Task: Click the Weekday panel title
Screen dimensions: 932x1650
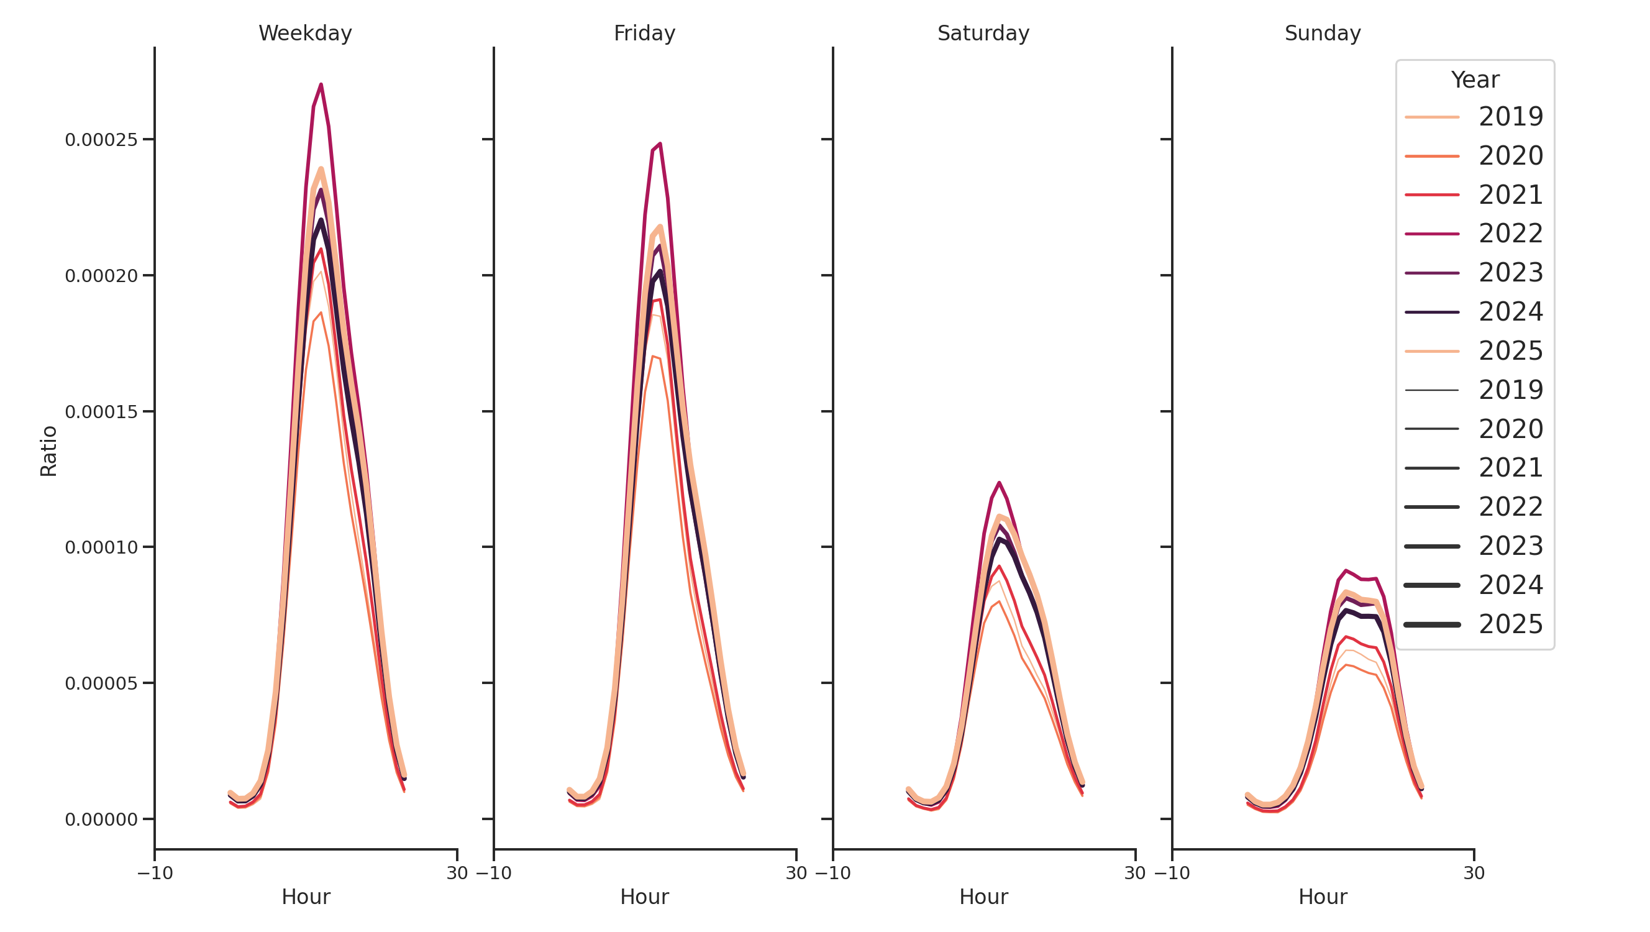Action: point(305,34)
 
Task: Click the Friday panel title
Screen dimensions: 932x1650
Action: point(644,34)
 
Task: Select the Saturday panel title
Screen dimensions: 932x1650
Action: point(983,34)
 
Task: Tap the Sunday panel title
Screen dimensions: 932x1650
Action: point(1323,34)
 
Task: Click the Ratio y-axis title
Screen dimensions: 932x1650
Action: point(48,451)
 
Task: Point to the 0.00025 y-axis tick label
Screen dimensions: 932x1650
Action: point(101,140)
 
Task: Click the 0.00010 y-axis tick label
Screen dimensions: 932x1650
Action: point(101,547)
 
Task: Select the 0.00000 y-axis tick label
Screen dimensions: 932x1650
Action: point(101,820)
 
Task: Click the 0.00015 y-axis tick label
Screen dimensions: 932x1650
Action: point(101,412)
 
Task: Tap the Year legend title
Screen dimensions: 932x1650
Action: point(1474,80)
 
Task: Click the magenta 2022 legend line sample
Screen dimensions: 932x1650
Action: point(1431,234)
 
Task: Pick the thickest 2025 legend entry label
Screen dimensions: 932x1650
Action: point(1510,624)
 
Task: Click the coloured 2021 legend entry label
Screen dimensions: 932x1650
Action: point(1510,194)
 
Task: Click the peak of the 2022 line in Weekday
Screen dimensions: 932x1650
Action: point(321,85)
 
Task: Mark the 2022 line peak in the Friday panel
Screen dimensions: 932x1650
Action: point(660,144)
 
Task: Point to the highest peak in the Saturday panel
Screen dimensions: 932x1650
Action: point(998,483)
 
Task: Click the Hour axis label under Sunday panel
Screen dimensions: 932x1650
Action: point(1323,897)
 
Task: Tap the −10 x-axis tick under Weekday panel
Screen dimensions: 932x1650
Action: point(155,873)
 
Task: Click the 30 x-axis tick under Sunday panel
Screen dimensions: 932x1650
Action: point(1474,873)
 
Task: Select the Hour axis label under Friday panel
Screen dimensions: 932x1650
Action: point(644,897)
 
